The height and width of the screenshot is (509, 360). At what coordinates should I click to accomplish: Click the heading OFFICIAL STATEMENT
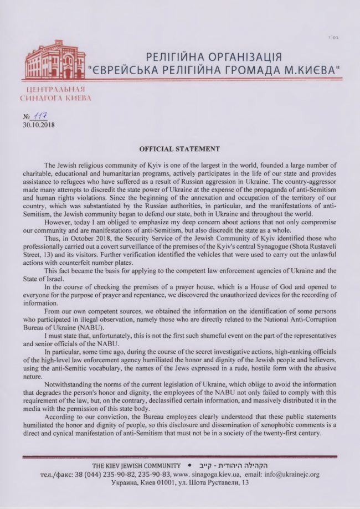tap(179, 149)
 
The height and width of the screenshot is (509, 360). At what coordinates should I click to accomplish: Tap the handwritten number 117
tap(40, 116)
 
